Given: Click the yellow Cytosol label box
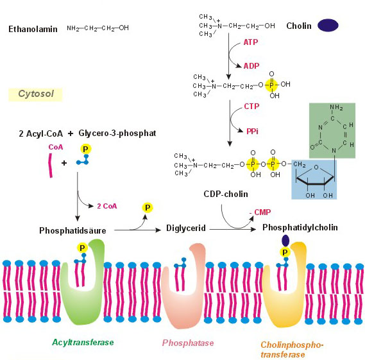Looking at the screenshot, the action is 35,94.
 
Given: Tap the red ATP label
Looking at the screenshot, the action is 251,42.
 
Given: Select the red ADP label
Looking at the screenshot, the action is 251,66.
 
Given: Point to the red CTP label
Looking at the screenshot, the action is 251,107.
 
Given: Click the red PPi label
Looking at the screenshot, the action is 252,132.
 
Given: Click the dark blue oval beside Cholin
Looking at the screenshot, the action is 328,25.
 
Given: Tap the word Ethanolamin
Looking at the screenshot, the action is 33,29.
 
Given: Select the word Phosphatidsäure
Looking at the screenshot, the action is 72,230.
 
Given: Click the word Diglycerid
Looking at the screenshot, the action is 186,228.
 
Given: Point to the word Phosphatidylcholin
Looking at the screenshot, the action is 300,228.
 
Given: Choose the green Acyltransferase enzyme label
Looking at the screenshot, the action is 83,342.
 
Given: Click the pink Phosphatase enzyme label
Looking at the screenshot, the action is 188,343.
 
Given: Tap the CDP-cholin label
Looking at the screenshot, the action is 226,194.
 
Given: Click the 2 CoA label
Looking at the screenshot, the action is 107,206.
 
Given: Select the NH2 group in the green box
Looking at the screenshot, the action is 336,108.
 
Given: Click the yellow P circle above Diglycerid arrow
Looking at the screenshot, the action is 148,207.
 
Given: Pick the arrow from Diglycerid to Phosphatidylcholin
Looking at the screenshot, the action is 232,229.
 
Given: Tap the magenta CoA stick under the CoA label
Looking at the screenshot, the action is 50,165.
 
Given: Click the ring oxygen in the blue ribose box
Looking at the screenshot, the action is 316,167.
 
